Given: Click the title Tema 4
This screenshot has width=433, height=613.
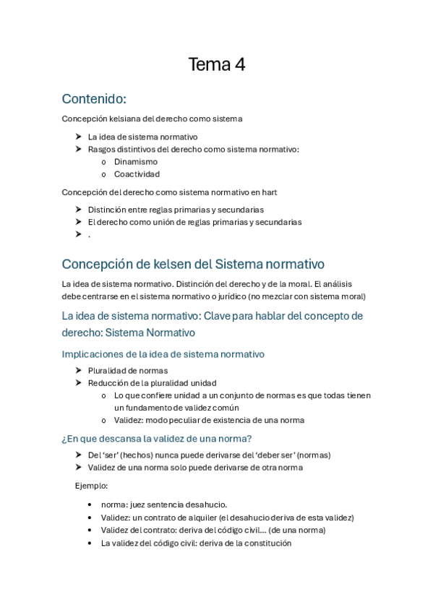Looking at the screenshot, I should click(216, 65).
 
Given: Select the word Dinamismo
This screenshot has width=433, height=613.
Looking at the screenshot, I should click(136, 162).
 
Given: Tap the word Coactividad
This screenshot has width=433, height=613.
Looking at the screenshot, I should click(137, 174).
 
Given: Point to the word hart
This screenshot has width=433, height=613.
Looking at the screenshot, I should click(268, 192).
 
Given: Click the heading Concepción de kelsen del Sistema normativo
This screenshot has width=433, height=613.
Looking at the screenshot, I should click(193, 264).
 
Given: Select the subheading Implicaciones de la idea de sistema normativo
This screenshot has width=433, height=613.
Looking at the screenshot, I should click(163, 354).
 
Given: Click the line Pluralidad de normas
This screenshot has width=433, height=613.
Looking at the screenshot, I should click(128, 371).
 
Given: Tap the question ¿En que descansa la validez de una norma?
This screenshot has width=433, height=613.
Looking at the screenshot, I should click(156, 439).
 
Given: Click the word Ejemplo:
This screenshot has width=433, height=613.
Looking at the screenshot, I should click(92, 486).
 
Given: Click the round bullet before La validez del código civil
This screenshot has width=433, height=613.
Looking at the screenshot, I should click(89, 543).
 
